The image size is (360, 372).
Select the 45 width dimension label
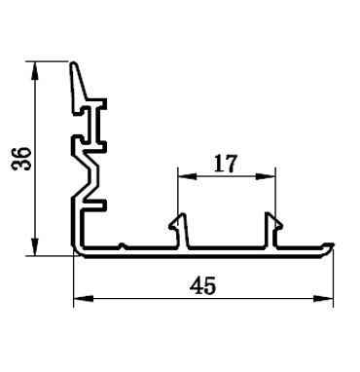pos(203,285)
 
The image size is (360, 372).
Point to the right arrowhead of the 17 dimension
pos(271,176)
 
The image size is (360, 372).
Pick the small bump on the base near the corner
pos(121,244)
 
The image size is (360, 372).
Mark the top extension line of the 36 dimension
pos(49,63)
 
